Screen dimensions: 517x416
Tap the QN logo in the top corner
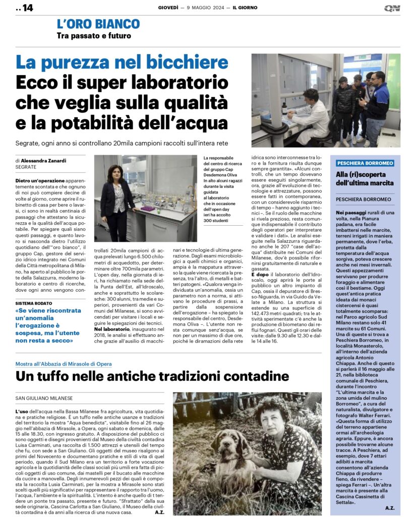[392, 8]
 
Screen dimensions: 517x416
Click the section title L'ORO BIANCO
[98, 24]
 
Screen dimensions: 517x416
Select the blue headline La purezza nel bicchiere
[122, 63]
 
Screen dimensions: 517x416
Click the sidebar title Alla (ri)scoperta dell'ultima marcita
[365, 178]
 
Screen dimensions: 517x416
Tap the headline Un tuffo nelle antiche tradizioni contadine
[152, 376]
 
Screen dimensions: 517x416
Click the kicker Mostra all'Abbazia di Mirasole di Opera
[64, 364]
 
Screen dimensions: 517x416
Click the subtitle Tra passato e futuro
[94, 36]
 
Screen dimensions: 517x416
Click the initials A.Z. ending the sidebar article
[389, 507]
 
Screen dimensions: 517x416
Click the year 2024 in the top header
[213, 8]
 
